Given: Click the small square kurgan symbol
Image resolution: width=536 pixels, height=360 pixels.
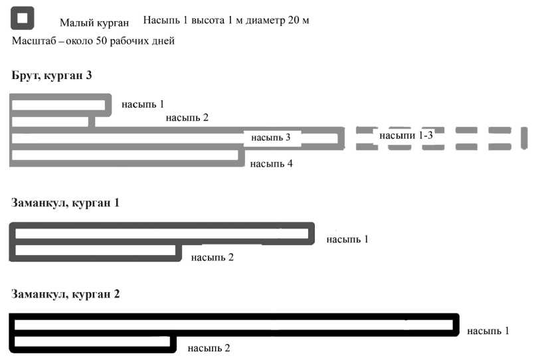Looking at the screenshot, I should (x=23, y=19).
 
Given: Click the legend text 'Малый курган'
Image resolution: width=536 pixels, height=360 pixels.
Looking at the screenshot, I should (x=94, y=23).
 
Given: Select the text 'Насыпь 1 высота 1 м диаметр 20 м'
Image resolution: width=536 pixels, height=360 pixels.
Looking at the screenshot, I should (x=226, y=20).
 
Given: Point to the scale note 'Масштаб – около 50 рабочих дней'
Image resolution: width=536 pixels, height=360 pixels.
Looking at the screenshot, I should (x=93, y=41).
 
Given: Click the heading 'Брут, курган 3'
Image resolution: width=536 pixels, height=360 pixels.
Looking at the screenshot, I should (x=52, y=75).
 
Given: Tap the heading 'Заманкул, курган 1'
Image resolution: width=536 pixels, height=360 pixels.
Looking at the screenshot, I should (x=65, y=202).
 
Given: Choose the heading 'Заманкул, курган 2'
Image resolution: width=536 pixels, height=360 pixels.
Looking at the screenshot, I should (x=65, y=293).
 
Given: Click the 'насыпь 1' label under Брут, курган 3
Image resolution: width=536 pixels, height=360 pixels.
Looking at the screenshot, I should (x=142, y=104).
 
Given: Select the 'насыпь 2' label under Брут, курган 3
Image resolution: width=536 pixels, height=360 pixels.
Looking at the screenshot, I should (x=187, y=118).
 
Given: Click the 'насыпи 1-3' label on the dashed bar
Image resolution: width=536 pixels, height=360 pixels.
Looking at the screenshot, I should (x=406, y=135).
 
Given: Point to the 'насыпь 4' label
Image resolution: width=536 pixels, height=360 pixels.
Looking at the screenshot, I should (x=271, y=163).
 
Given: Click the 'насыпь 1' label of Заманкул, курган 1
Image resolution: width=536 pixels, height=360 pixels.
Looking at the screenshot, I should (x=347, y=238).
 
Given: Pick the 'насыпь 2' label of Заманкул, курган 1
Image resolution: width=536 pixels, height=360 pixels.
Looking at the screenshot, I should (x=212, y=257).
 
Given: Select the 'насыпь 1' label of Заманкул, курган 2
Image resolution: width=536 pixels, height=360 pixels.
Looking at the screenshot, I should (x=488, y=330).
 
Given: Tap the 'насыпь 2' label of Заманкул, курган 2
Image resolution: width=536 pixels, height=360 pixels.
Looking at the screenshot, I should (x=209, y=347).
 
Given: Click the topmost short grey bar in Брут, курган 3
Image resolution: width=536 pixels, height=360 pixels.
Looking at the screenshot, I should (x=60, y=104).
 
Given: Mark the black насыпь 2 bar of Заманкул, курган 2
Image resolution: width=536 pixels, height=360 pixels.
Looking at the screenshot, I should (x=93, y=343).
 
